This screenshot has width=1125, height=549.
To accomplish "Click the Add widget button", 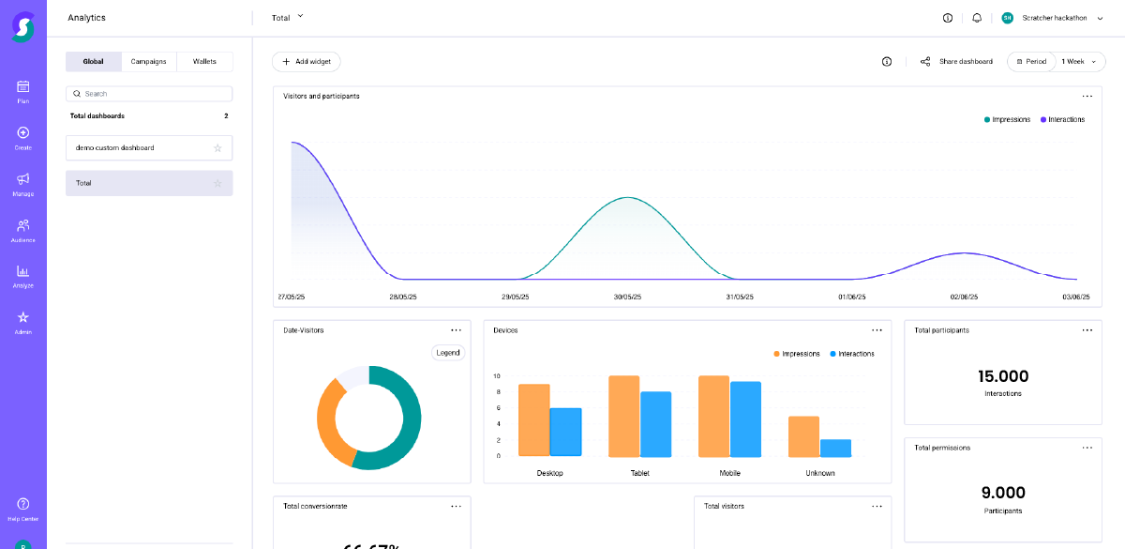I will (x=307, y=62).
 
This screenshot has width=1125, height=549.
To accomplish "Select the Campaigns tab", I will (x=149, y=62).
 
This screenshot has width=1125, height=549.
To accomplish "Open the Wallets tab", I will (x=204, y=62).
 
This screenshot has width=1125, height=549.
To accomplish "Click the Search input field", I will (x=150, y=94).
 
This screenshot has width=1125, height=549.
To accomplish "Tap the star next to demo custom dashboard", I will (x=217, y=148).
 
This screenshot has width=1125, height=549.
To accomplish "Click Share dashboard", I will (x=956, y=62).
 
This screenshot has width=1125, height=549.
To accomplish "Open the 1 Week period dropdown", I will (x=1078, y=62).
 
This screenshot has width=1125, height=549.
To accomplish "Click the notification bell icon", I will (x=977, y=18).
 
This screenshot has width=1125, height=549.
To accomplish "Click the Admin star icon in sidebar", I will (x=23, y=317).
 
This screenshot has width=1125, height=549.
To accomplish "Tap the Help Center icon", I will (x=23, y=504).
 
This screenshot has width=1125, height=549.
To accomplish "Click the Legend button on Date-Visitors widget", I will (x=448, y=353).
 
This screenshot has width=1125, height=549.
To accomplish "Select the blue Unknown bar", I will (x=835, y=448).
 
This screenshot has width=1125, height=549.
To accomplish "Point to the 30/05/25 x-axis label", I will (x=628, y=297).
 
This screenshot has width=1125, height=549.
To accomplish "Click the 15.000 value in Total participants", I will (x=1003, y=376).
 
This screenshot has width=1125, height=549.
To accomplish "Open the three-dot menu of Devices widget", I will (x=877, y=330).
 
